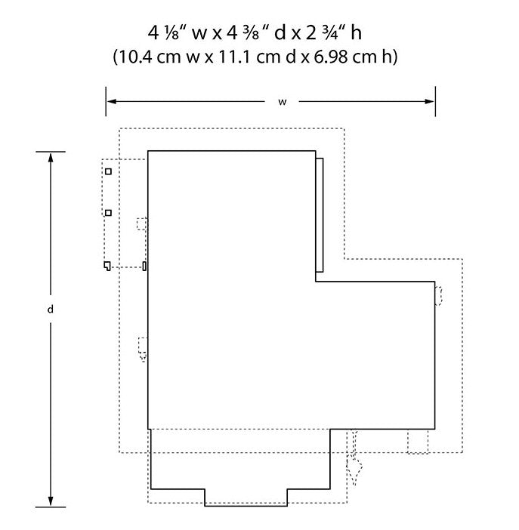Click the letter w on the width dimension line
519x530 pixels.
pos(283,102)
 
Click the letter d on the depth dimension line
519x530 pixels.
pos(51,309)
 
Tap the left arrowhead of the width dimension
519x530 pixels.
pos(112,101)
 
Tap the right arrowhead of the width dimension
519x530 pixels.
pos(429,101)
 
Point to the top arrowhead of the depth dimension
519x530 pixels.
pos(51,158)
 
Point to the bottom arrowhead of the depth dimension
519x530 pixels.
pos(51,501)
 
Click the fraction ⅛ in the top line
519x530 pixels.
pos(172,34)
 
